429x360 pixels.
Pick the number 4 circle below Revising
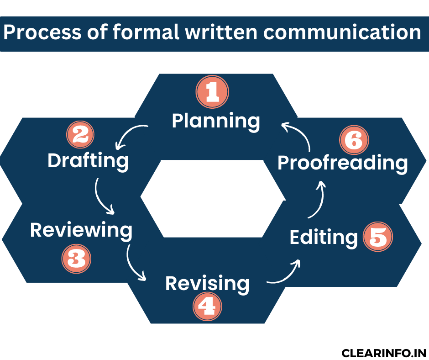point(207,306)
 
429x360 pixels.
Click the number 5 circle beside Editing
point(378,237)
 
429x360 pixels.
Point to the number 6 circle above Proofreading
point(354,141)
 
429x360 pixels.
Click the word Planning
point(216,121)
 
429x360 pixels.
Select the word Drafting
point(88,161)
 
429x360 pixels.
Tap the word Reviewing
point(81,231)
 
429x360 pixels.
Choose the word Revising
point(207,284)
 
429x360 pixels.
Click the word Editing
point(324,238)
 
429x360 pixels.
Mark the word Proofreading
point(342,164)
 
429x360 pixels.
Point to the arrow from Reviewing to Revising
point(135,265)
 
